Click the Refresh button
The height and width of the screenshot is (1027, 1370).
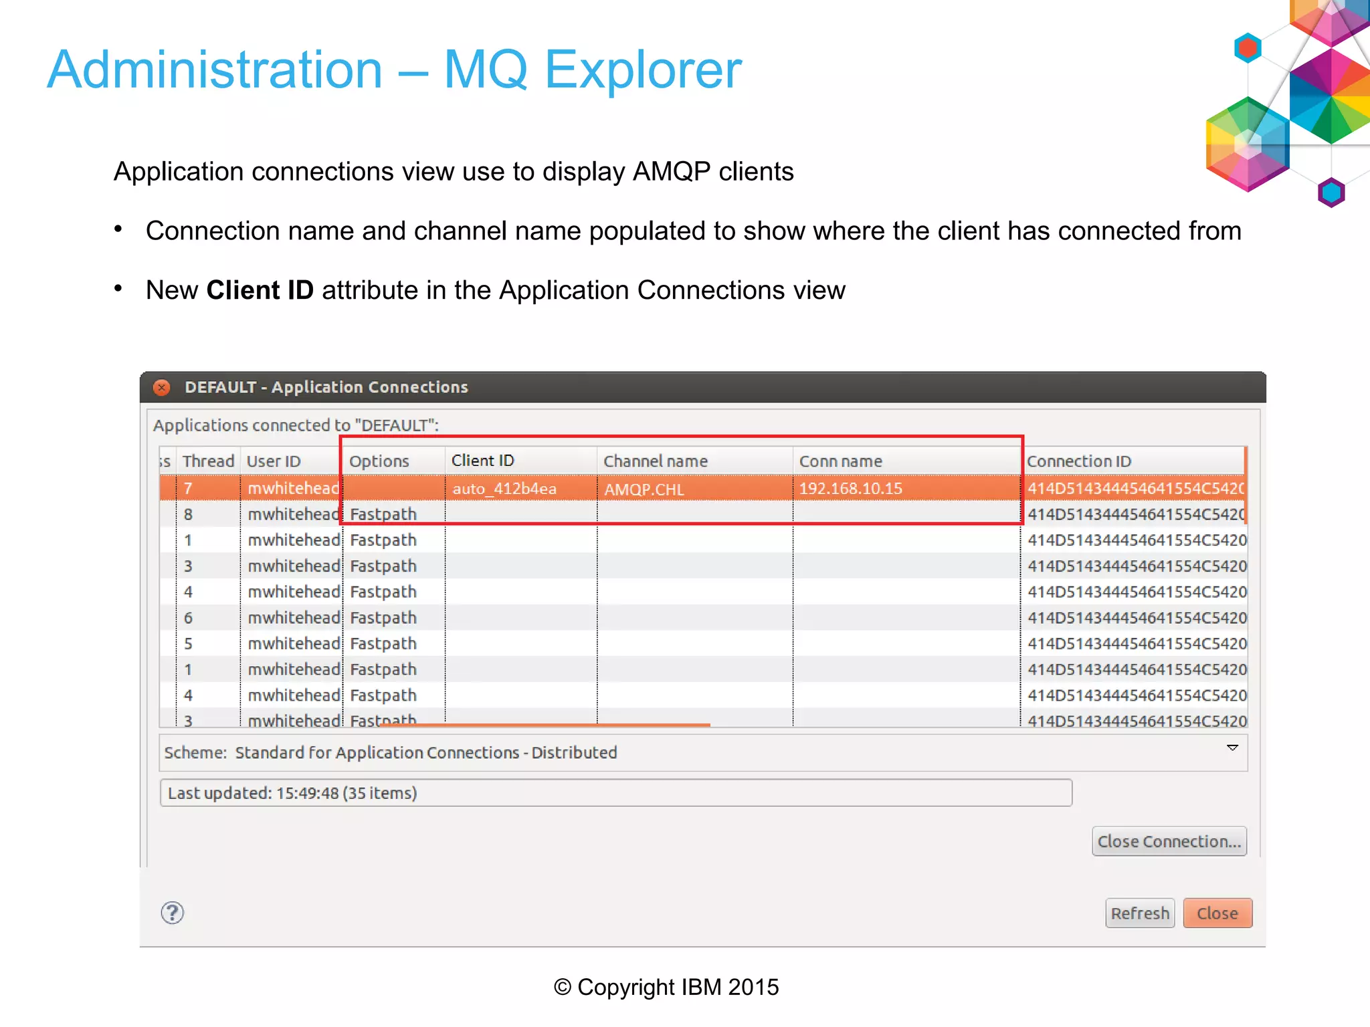1139,913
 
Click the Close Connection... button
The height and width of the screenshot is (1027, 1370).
1169,841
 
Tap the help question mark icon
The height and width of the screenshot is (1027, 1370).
173,913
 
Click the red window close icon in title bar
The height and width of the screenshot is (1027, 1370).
161,387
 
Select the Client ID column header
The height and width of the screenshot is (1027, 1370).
482,461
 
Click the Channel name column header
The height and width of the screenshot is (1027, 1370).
655,461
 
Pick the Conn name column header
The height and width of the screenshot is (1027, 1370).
840,461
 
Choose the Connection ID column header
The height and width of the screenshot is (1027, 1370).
1078,461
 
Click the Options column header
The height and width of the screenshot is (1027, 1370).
379,461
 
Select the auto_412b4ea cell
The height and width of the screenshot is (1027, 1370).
504,489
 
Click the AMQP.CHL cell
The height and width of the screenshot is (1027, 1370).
644,489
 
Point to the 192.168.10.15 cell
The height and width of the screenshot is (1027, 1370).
850,489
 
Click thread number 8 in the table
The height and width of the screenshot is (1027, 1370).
188,514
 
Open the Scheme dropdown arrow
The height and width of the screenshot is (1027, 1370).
1232,748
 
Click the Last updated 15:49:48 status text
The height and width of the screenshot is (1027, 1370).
292,793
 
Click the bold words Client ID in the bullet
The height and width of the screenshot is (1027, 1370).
260,290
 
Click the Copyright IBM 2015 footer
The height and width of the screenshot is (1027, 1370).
666,987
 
